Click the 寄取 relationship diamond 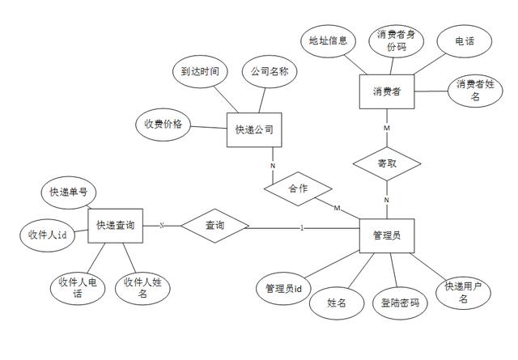point(387,165)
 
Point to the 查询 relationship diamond point(214,225)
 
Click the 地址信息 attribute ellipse point(328,40)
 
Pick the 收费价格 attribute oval point(163,125)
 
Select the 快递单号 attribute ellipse point(69,193)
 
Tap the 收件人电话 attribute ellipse point(78,289)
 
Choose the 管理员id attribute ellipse point(283,288)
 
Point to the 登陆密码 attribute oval point(400,303)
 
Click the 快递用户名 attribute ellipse point(464,292)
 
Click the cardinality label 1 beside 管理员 point(302,227)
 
